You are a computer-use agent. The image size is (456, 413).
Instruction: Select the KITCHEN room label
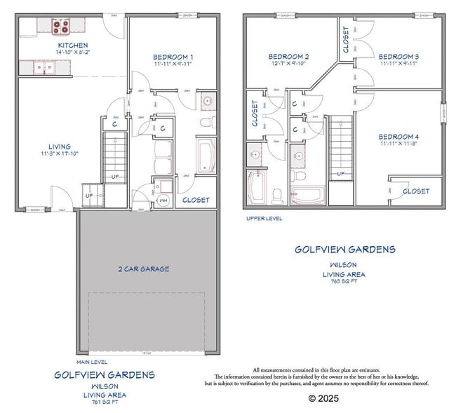coord(72,46)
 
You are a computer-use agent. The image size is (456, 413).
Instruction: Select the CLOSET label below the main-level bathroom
coord(196,200)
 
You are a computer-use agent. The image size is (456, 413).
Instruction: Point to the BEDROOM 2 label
coord(288,56)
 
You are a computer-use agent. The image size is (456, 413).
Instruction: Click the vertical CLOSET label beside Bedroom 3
coord(347,40)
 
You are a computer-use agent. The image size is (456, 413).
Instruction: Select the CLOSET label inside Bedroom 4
coord(416,191)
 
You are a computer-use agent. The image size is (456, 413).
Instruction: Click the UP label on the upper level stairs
coord(341,173)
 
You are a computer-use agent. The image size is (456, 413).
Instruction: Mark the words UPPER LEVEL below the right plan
coord(264,219)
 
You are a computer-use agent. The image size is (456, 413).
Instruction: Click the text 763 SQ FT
coord(344,281)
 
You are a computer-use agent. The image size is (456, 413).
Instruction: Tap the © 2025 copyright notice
coord(323,398)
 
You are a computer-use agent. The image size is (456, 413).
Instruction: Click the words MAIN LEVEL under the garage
coord(92,362)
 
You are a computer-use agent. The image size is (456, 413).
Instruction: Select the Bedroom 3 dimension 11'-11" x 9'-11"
coord(398,63)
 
